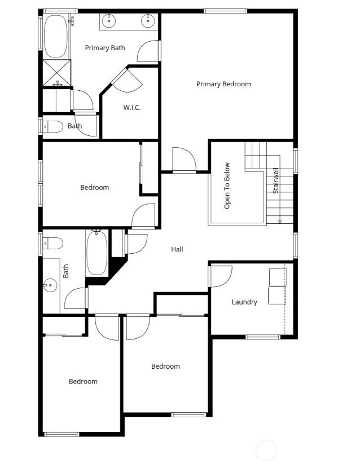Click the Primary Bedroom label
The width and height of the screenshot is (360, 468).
coord(223,84)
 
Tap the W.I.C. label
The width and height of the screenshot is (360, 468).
coord(131,108)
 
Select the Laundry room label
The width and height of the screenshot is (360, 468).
coord(244,302)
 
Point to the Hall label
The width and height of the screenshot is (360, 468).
coord(177,249)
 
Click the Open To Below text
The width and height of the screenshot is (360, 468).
coord(227,186)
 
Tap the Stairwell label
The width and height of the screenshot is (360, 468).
coord(275,180)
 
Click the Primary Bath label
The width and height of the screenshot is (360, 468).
coord(105,48)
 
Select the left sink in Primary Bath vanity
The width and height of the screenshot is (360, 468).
coord(109,21)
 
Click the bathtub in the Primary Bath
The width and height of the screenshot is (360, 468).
coord(55,36)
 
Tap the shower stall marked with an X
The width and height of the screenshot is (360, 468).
coord(57,73)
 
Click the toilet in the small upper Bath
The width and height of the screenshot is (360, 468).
coord(52,127)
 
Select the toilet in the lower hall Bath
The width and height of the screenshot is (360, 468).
coord(52,243)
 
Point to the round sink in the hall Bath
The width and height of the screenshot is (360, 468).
coord(50,285)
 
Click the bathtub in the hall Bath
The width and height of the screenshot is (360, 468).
coord(97,253)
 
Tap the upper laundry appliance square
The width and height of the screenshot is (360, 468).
coord(278,277)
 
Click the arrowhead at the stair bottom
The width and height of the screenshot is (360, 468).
coord(280,222)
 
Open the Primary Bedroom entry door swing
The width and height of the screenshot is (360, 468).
coord(185,160)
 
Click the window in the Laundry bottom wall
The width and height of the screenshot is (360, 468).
coord(263,337)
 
